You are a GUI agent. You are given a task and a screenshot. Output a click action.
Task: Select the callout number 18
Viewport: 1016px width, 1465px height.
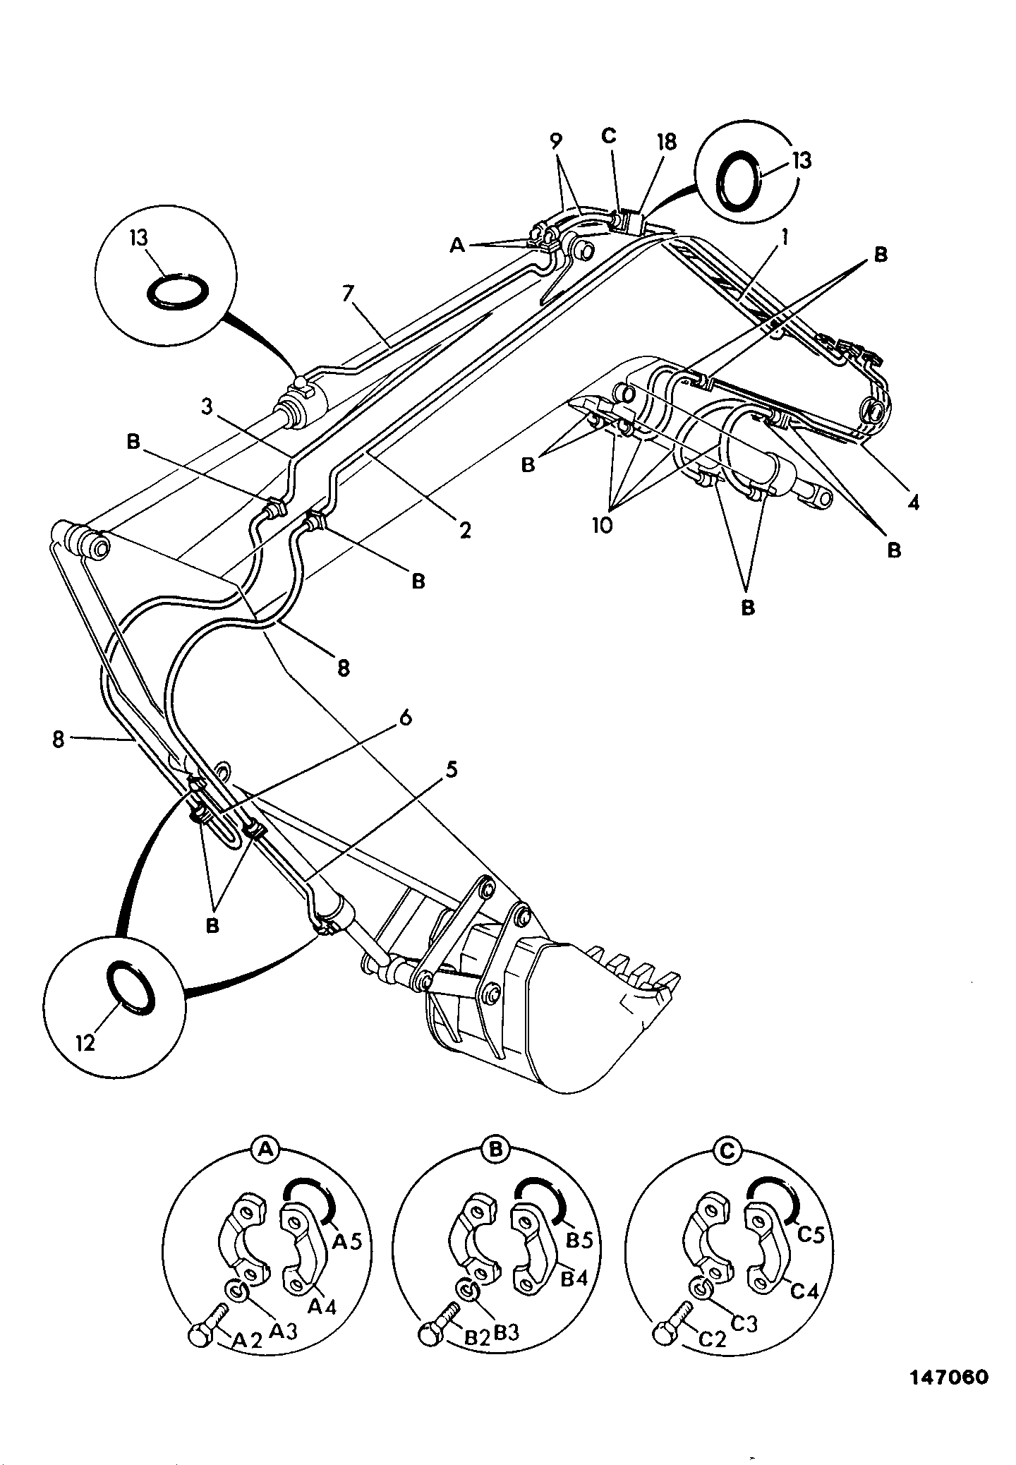(x=666, y=142)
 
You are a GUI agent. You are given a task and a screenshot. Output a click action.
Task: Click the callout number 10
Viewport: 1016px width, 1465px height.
(x=603, y=525)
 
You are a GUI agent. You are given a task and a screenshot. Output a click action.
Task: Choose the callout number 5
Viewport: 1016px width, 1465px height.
(x=451, y=768)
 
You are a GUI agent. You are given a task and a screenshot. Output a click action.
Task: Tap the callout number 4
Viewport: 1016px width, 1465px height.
(x=914, y=502)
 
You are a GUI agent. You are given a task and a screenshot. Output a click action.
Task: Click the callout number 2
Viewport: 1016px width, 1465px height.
(x=465, y=530)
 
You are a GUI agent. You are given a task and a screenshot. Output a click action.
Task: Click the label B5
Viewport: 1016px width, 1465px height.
(x=579, y=1240)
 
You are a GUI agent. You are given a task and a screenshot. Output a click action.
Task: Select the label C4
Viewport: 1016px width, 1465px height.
(x=804, y=1291)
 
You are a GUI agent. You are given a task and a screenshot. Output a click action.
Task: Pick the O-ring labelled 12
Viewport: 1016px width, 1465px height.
(x=131, y=989)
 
